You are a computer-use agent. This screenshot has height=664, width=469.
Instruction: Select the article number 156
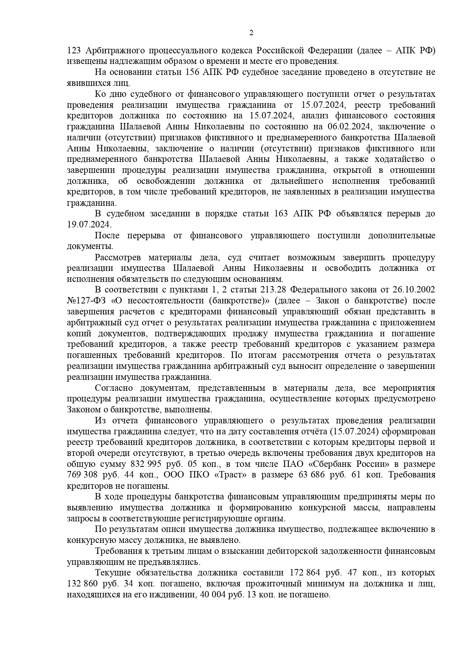(x=193, y=72)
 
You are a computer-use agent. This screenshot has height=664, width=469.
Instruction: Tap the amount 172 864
(x=306, y=573)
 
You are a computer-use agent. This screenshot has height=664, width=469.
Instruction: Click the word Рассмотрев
(x=118, y=258)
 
